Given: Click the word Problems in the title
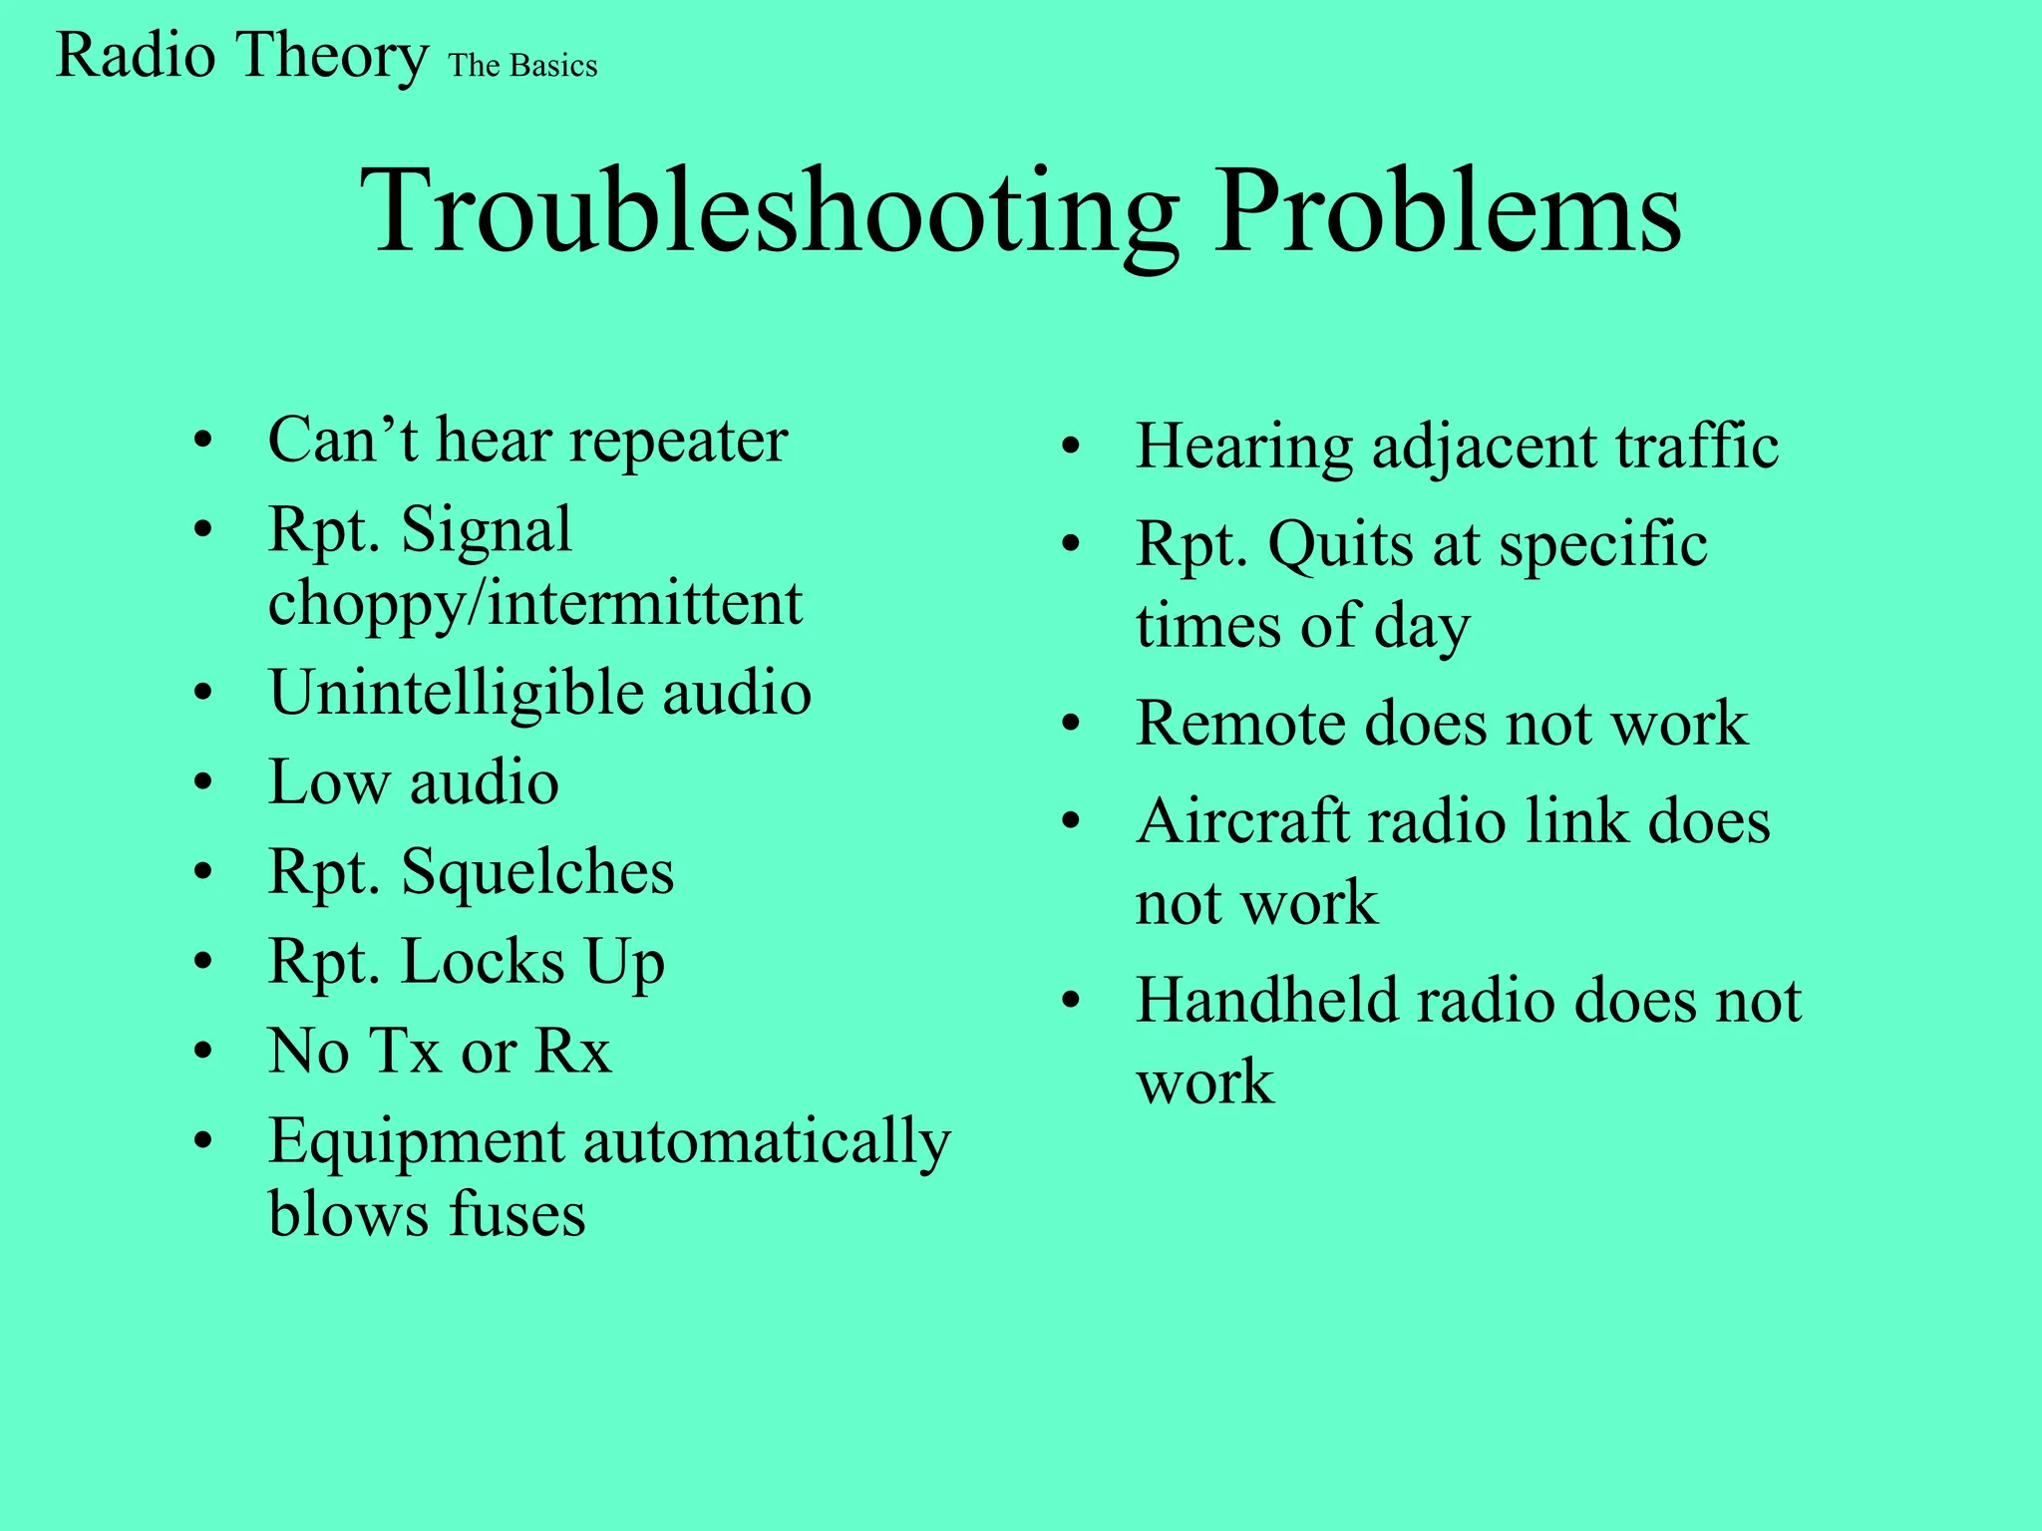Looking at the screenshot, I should (1447, 211).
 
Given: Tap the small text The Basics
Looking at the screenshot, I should (522, 66).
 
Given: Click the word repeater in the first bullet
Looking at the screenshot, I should (678, 441).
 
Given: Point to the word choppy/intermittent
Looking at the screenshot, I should (535, 604).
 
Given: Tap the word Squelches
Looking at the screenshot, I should (537, 873).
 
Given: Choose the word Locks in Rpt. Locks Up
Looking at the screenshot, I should (483, 963).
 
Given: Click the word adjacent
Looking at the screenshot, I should (1485, 447).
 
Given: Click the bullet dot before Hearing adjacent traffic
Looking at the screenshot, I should (1071, 449).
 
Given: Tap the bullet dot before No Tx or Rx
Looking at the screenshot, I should (203, 1053).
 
